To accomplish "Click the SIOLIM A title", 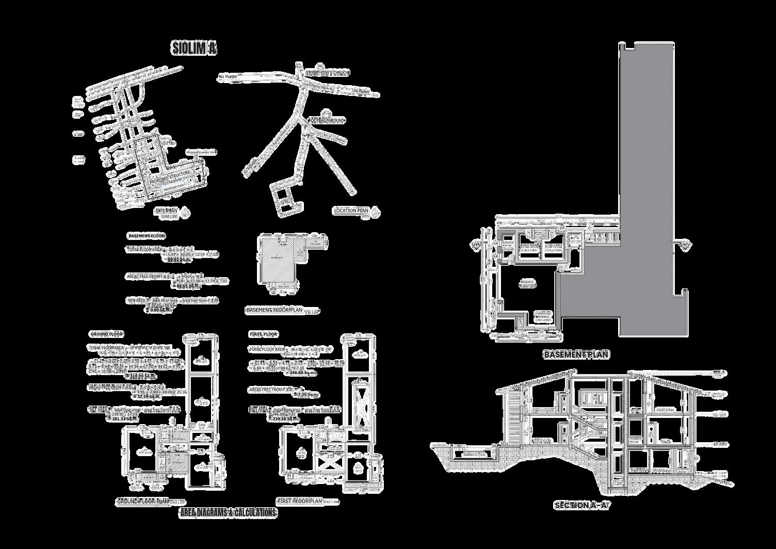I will click(194, 49).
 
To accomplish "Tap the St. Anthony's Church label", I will click(327, 73).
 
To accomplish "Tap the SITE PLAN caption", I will click(166, 211).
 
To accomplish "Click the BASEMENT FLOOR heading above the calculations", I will click(147, 236).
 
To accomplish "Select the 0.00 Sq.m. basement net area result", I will click(158, 311).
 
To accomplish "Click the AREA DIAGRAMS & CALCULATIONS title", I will click(228, 513).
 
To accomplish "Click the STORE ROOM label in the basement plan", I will click(529, 247).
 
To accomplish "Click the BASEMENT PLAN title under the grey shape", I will click(576, 354).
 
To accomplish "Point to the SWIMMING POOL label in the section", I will click(475, 455).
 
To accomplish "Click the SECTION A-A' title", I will click(582, 506).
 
